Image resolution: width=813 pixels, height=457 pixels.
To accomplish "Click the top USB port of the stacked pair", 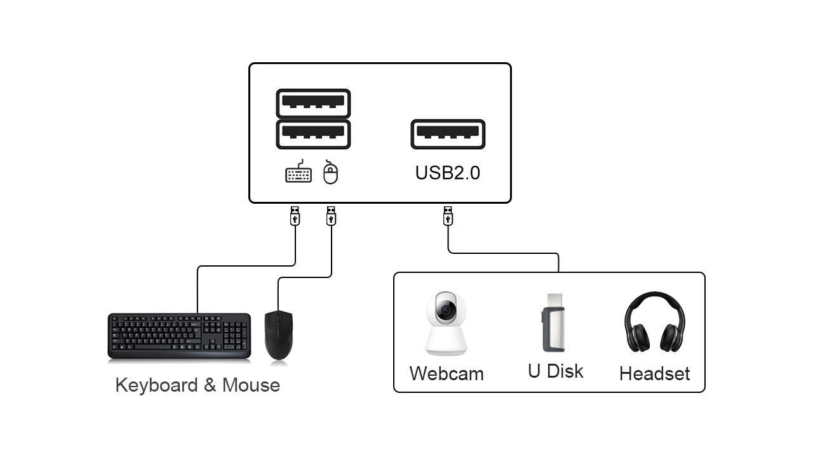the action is (313, 103).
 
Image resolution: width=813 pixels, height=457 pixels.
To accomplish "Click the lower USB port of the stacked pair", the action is (313, 134).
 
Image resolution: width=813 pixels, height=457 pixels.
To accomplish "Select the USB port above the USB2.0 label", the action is (448, 134).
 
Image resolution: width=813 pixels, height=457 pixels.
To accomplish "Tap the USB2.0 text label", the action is (448, 173).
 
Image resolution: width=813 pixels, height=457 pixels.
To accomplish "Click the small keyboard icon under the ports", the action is (299, 171).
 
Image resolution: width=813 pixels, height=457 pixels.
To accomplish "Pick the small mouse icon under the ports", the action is (330, 172).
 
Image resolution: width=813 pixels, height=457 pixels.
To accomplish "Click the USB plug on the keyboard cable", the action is (295, 216).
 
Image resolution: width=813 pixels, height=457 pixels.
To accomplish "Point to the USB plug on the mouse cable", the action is (331, 216).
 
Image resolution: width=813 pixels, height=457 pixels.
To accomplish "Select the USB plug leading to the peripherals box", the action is (448, 216).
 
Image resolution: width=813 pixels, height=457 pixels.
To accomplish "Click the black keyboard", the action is (179, 336).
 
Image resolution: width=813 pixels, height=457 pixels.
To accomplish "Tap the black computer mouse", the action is (279, 335).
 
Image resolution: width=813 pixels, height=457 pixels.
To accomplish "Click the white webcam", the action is (446, 323).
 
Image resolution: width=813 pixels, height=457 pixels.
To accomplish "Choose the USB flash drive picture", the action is (553, 322).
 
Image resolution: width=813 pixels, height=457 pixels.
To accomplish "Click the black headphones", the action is (655, 322).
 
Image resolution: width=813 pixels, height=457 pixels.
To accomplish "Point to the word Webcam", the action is (447, 374).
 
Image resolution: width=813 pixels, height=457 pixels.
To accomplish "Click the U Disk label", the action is (556, 371).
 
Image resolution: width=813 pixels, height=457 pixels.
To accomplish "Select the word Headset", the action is (654, 374).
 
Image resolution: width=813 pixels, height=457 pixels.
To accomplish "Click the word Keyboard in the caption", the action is (156, 385).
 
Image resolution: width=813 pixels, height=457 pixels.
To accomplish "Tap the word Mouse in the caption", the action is (251, 385).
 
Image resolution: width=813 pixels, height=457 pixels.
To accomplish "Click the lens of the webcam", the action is (447, 309).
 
